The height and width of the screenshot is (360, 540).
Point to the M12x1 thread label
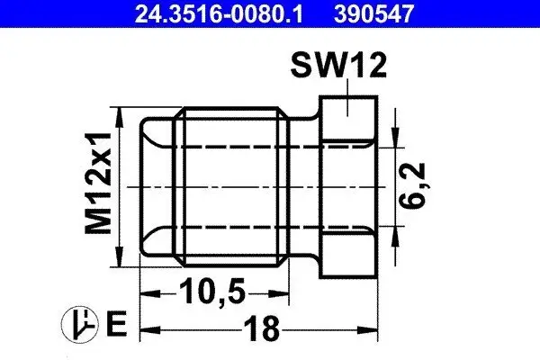[x=100, y=185]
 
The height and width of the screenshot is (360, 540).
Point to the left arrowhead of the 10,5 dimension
[x=146, y=292]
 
